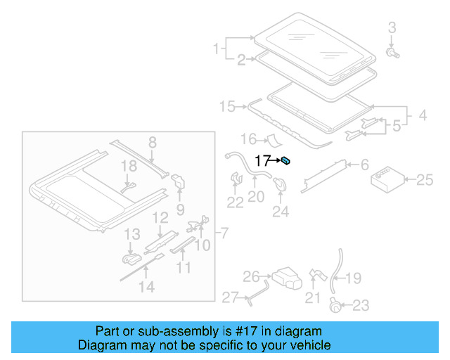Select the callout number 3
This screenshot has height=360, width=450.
pyautogui.click(x=392, y=27)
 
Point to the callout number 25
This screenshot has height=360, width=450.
pyautogui.click(x=425, y=180)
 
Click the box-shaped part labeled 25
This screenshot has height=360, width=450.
pyautogui.click(x=387, y=179)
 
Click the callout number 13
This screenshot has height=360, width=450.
pyautogui.click(x=132, y=233)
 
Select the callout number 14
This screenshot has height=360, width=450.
pyautogui.click(x=146, y=286)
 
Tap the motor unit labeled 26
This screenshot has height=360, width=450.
pyautogui.click(x=285, y=278)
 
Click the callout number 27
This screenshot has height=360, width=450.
pyautogui.click(x=231, y=297)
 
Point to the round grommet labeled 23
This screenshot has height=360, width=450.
pyautogui.click(x=336, y=304)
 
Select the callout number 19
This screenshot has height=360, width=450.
pyautogui.click(x=353, y=278)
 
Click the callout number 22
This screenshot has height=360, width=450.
pyautogui.click(x=235, y=202)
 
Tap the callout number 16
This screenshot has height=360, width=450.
pyautogui.click(x=250, y=139)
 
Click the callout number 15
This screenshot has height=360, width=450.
pyautogui.click(x=227, y=106)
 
